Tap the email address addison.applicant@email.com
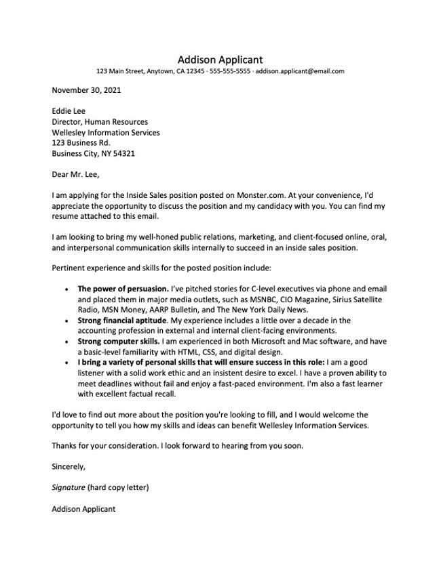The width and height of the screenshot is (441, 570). point(300,71)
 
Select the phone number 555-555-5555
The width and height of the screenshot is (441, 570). point(230,71)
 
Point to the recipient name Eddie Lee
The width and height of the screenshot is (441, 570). point(69,111)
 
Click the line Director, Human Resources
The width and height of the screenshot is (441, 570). point(100,122)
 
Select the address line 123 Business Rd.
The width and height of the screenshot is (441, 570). point(81,143)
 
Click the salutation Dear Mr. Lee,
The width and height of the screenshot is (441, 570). point(76,175)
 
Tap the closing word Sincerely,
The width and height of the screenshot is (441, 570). point(69,466)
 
